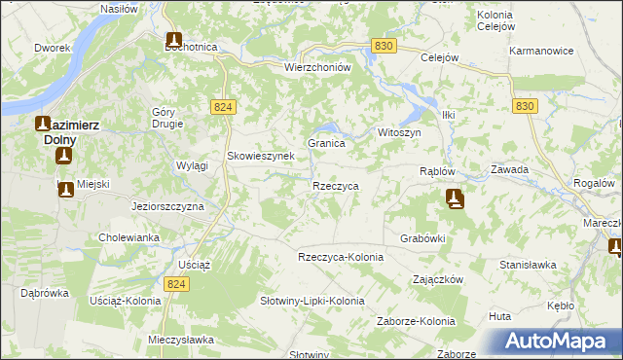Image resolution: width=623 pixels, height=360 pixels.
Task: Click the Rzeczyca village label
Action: click(336, 185)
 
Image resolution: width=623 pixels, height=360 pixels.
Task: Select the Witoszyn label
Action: click(398, 132)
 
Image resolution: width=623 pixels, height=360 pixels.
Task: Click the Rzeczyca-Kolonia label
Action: click(341, 256)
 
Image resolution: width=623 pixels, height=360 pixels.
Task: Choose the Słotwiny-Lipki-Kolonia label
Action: click(311, 301)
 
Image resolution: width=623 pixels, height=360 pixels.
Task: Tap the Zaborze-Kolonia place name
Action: click(417, 321)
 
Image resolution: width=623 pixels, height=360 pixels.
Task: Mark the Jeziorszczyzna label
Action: click(166, 207)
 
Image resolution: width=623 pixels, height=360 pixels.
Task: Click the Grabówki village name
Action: click(422, 237)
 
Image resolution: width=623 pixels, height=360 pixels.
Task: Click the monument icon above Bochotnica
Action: click(173, 40)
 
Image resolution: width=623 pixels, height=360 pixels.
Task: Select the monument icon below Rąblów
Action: click(455, 199)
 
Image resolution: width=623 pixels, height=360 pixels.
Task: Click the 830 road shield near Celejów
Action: click(384, 46)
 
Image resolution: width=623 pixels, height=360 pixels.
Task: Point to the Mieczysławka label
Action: click(180, 341)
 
